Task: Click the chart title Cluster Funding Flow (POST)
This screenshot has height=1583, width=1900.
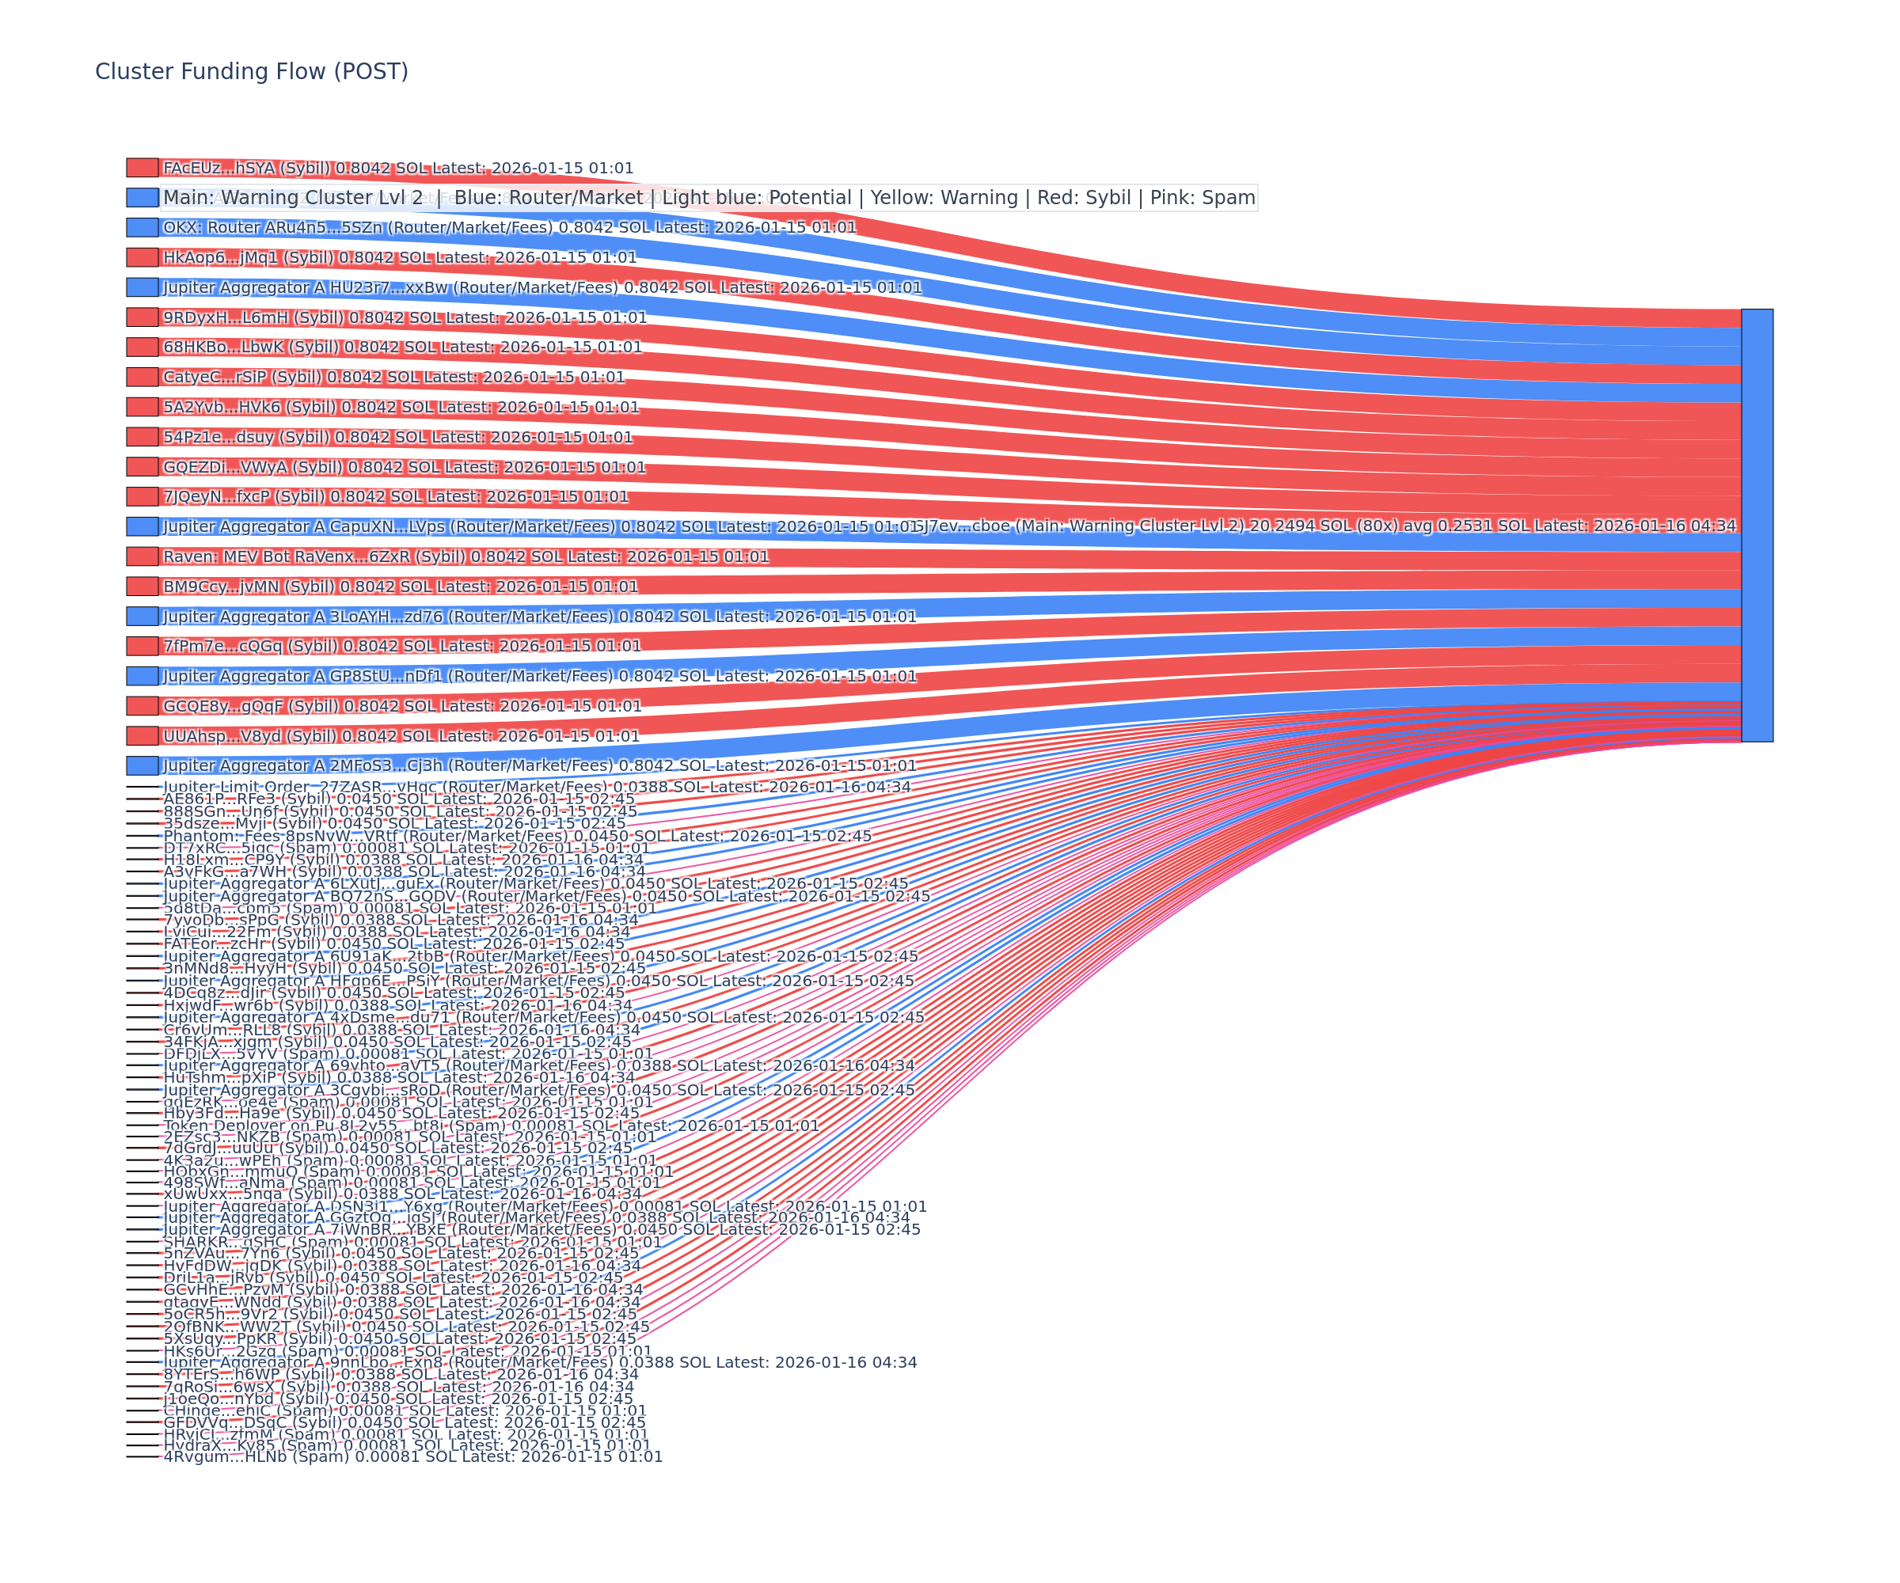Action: (252, 71)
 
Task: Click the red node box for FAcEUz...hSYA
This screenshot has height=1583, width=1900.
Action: (142, 167)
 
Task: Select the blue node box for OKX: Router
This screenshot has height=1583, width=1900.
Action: (142, 227)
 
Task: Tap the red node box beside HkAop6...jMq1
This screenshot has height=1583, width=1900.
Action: (142, 257)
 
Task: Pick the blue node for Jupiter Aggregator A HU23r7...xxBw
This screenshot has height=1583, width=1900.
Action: (142, 287)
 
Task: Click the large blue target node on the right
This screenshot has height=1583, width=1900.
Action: (1756, 525)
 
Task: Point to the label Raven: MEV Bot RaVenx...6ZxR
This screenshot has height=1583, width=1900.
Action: (465, 556)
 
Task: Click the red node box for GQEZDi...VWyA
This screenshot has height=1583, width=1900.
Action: (142, 467)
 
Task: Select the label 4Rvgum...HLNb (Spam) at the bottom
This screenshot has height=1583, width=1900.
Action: (412, 1456)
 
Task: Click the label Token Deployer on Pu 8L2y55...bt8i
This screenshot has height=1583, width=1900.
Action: (490, 1126)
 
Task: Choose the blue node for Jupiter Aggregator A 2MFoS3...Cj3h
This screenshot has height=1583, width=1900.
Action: (142, 765)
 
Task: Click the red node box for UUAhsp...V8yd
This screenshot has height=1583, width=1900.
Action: (142, 735)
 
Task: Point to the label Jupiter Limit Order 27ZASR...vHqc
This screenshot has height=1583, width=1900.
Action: (537, 787)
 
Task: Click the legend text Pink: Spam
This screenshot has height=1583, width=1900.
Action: (1203, 197)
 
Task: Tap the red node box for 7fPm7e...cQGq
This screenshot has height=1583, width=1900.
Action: (142, 646)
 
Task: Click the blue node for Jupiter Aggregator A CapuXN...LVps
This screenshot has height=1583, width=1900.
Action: (142, 526)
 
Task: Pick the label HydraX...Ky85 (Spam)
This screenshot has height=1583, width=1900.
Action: (406, 1444)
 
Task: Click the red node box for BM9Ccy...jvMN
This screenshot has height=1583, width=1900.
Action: (142, 587)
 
